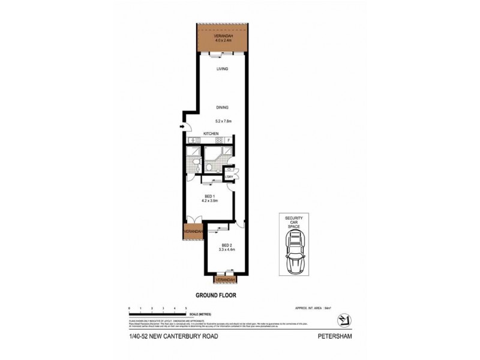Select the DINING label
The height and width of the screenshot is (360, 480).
click(x=223, y=108)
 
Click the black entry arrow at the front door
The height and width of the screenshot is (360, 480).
click(x=181, y=127)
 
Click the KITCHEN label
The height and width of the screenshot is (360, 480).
click(x=210, y=133)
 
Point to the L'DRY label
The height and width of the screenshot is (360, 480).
click(x=229, y=176)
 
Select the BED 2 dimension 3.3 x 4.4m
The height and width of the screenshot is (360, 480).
click(x=226, y=250)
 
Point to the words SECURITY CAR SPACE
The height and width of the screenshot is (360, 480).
click(x=295, y=223)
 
